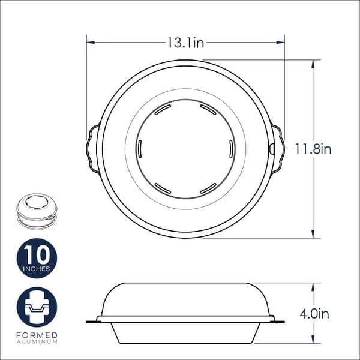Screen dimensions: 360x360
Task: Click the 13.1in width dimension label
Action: pos(185,43)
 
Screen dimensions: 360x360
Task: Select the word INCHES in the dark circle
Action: pos(37,268)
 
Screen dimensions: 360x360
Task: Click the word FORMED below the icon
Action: pos(37,334)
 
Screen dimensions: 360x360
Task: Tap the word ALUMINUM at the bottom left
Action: pos(37,341)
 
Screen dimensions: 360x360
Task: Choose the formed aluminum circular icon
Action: pos(37,307)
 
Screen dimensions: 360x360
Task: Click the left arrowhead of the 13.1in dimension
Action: pos(89,43)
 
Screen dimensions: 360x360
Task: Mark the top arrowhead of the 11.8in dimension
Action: pos(313,62)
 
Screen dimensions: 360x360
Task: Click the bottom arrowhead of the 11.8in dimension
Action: pos(313,235)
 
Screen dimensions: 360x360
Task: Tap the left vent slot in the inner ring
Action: pos(139,148)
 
